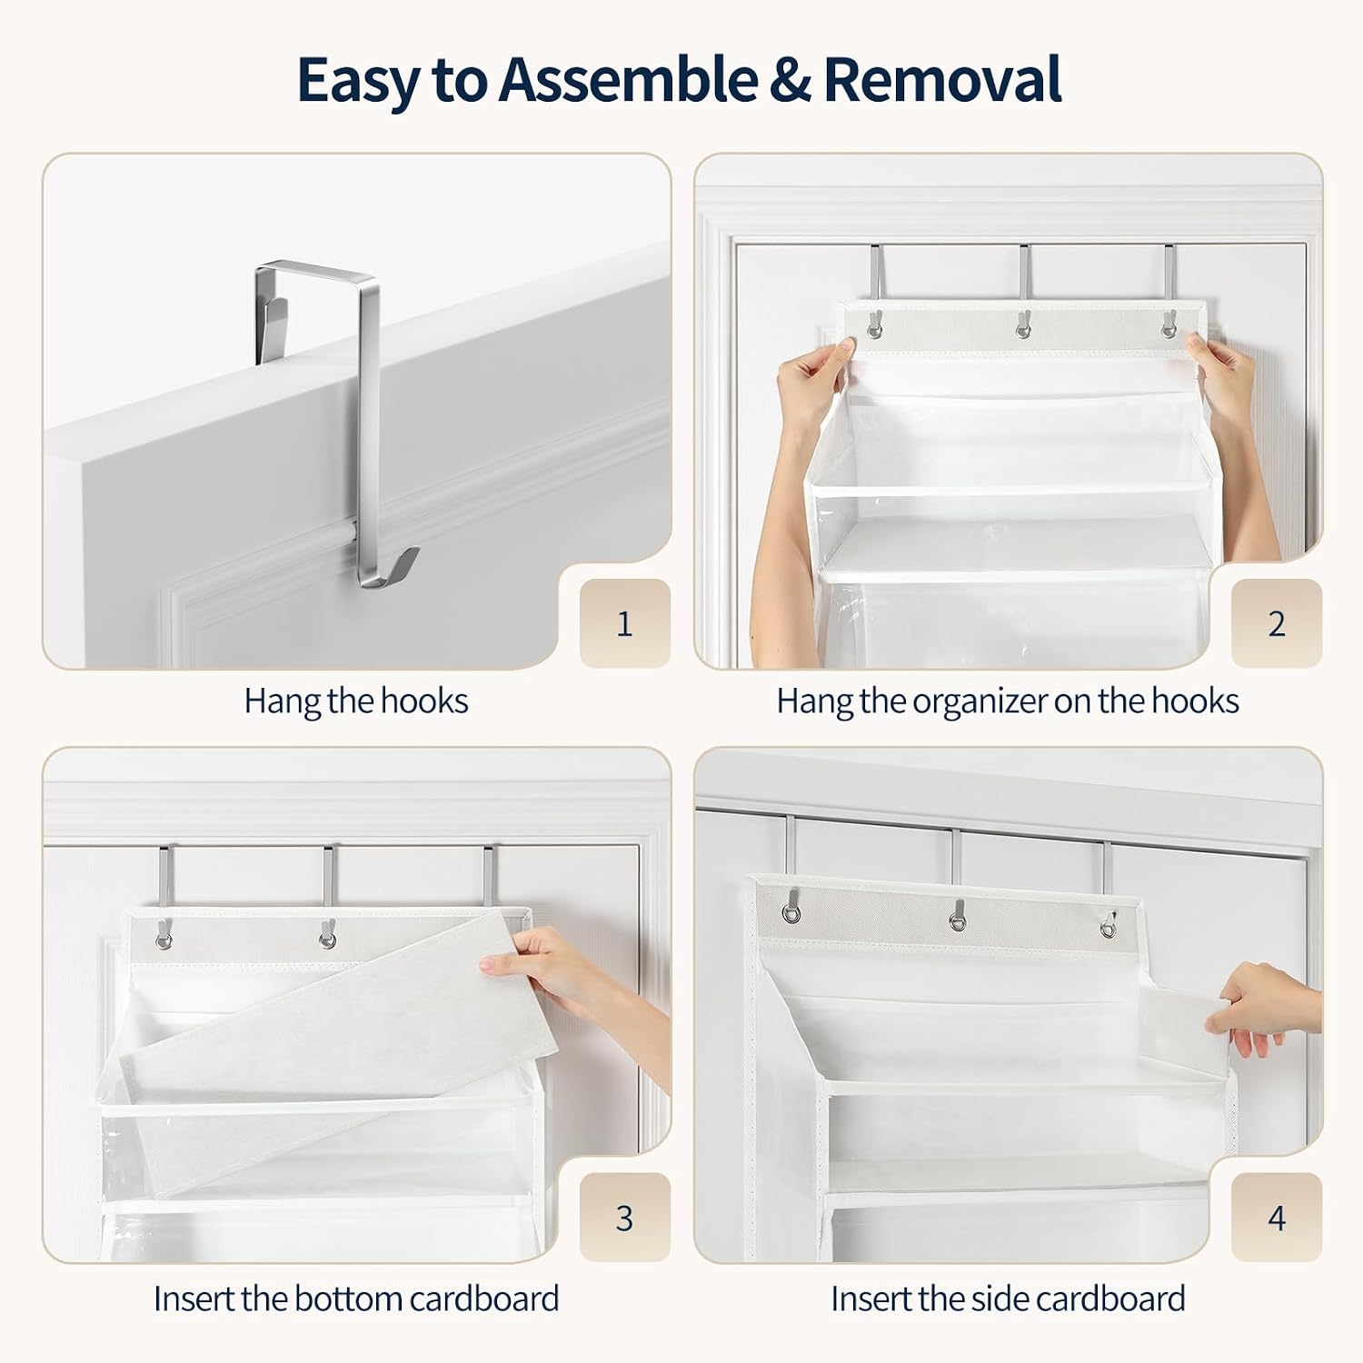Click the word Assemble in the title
[627, 80]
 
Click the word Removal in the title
[942, 80]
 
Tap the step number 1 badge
[625, 623]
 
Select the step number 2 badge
[1277, 623]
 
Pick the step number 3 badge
[625, 1218]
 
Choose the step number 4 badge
[1277, 1218]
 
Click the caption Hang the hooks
[356, 701]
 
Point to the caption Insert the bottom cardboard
[356, 1298]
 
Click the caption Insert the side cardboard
[1008, 1298]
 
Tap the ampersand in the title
[790, 80]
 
